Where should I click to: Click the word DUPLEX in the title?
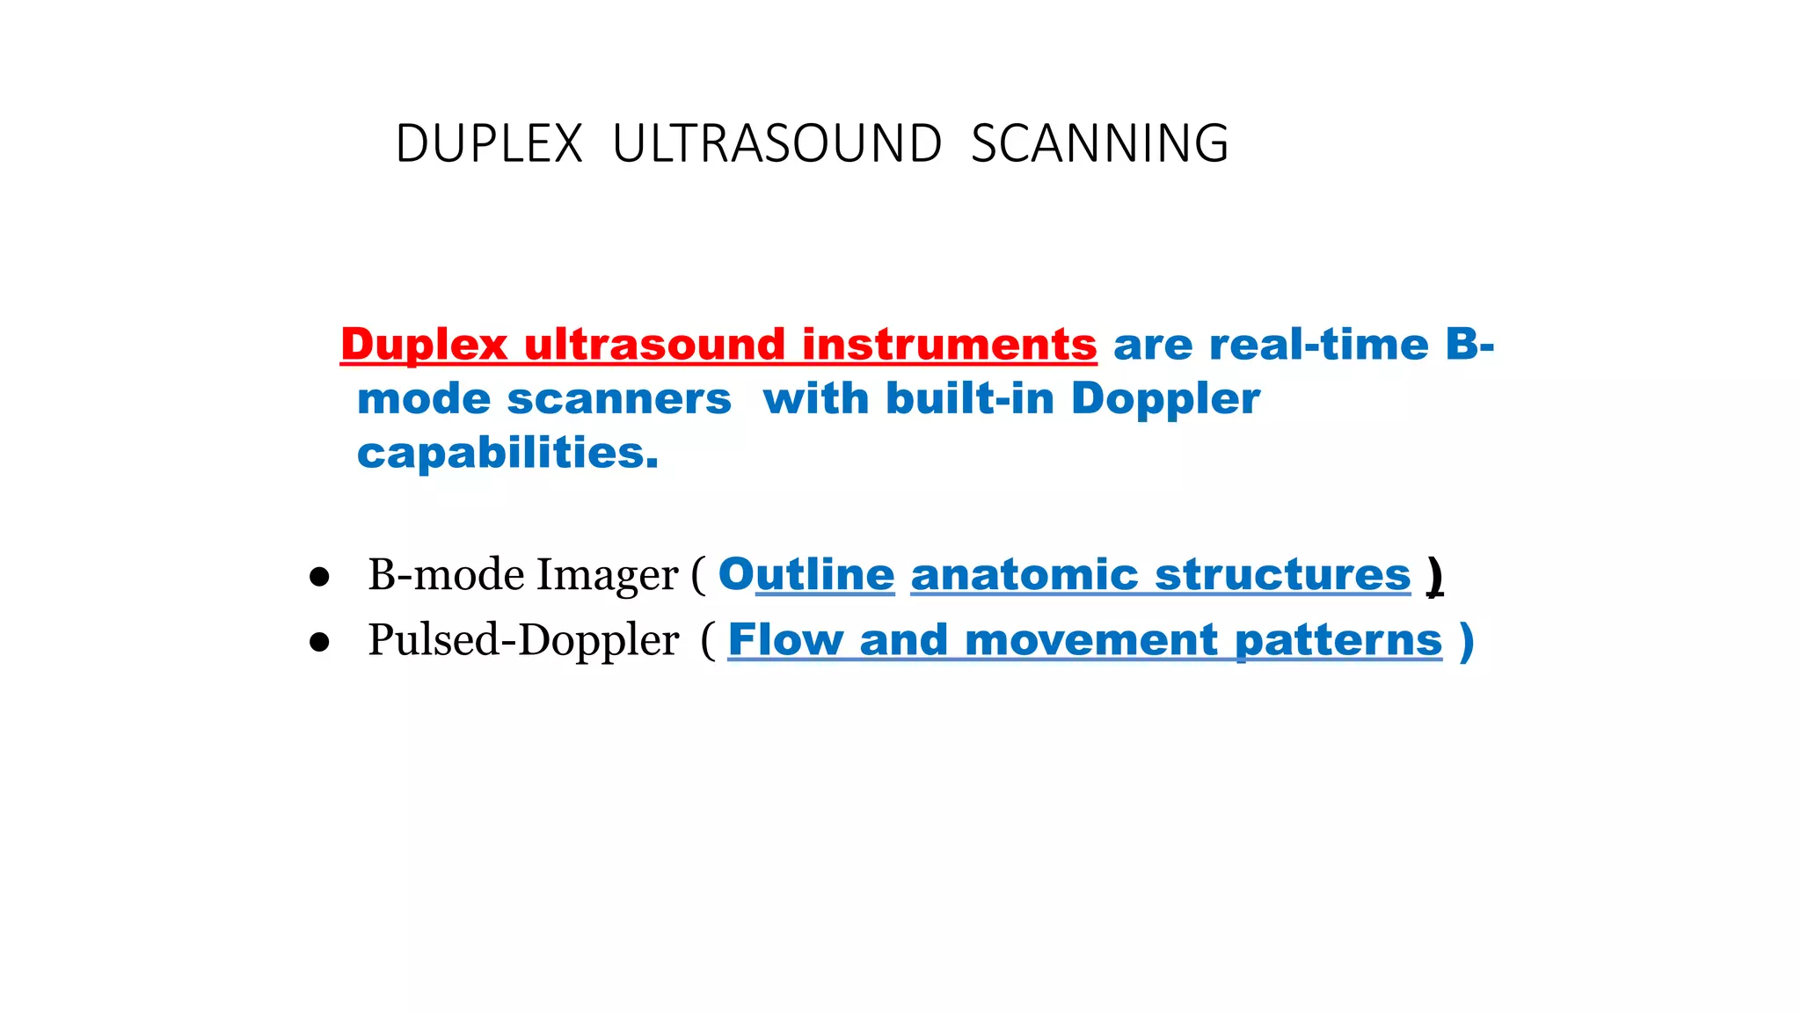[489, 144]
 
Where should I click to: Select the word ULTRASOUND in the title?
[777, 144]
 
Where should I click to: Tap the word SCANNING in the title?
[1099, 144]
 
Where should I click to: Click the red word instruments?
[949, 345]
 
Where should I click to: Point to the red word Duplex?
[424, 345]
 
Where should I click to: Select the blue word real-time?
[1319, 345]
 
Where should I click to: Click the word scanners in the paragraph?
[619, 399]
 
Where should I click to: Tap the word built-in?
[970, 399]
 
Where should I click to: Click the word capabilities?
[507, 454]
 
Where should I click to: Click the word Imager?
[607, 576]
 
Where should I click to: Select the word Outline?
[806, 575]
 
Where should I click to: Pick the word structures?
[1282, 575]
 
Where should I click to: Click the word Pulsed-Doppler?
[523, 640]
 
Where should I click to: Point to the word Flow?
[785, 640]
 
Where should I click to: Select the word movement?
[1090, 640]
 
